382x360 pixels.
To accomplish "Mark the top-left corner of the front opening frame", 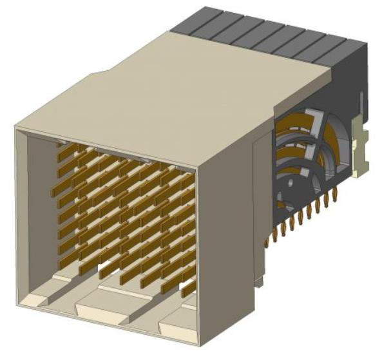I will tap(17, 128).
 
